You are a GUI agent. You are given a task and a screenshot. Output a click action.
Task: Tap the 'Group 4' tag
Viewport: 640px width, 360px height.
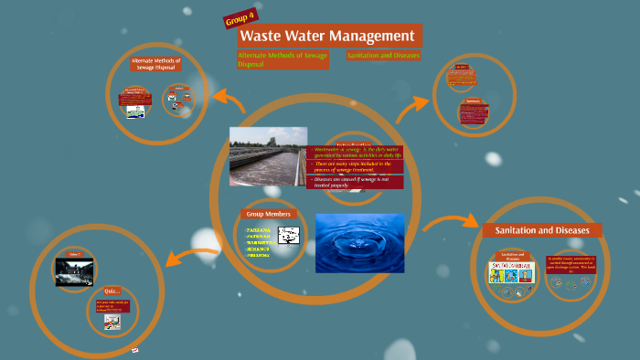point(240,19)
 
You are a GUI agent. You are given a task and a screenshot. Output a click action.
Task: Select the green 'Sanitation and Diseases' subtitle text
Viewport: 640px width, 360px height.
point(383,56)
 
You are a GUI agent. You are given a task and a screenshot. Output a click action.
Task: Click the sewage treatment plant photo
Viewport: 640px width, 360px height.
point(268,155)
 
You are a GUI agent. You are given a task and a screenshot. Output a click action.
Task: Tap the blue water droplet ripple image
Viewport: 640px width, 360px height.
point(359,243)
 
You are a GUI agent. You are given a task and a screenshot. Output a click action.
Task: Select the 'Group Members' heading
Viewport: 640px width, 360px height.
point(268,213)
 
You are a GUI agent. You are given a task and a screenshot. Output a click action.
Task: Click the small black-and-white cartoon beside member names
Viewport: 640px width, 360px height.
point(289,236)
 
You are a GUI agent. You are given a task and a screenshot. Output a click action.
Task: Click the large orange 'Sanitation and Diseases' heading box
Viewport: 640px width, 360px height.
point(542,229)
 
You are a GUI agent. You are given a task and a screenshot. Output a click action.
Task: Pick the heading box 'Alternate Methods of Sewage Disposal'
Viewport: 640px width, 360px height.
point(156,65)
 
